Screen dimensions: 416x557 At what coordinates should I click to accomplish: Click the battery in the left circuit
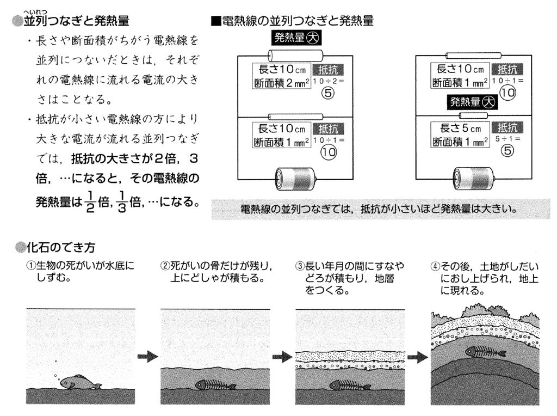[293, 178]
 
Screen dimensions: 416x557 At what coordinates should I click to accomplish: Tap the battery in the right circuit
[472, 178]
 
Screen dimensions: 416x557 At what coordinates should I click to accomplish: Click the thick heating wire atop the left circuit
[295, 55]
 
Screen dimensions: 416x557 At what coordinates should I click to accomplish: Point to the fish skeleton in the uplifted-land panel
[485, 352]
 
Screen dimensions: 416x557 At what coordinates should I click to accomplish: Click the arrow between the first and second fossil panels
[147, 357]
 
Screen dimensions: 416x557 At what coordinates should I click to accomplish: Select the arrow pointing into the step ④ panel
[417, 357]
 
